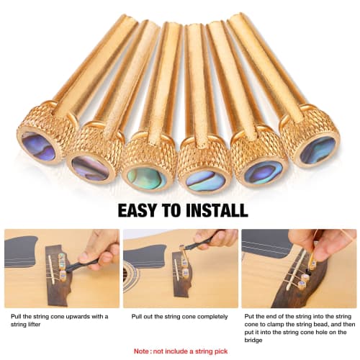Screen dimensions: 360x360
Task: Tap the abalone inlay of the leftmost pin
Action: tap(37, 148)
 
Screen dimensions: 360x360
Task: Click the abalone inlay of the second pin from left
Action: tap(90, 168)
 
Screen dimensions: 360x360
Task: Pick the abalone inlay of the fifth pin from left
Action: tap(263, 171)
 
